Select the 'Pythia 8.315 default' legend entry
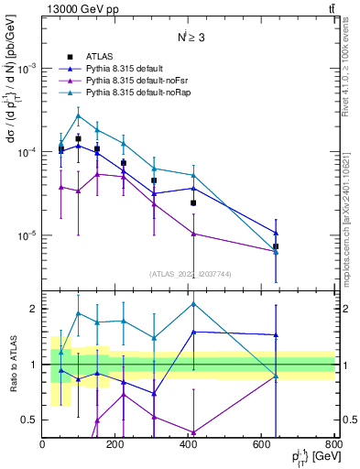(x=124, y=69)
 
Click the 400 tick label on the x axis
(x=189, y=447)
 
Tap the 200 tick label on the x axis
(x=115, y=447)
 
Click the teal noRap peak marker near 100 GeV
(x=79, y=115)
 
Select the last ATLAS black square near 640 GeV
(x=276, y=246)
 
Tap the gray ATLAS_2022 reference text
(x=189, y=273)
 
